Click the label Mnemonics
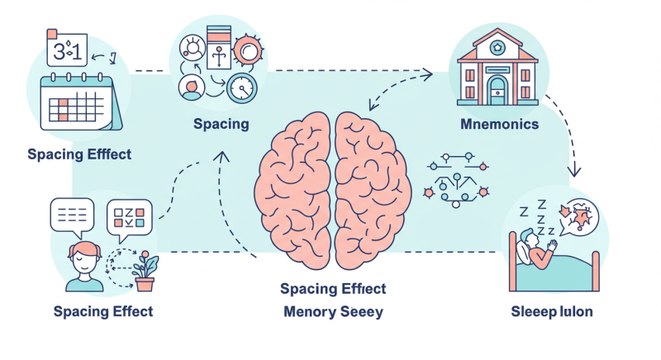pyautogui.click(x=499, y=125)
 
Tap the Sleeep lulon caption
pyautogui.click(x=552, y=312)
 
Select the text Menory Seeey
pyautogui.click(x=333, y=312)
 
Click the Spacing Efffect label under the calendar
pyautogui.click(x=78, y=154)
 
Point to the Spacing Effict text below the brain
pyautogui.click(x=333, y=289)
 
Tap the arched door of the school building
pyautogui.click(x=497, y=87)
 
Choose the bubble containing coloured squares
pyautogui.click(x=131, y=216)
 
